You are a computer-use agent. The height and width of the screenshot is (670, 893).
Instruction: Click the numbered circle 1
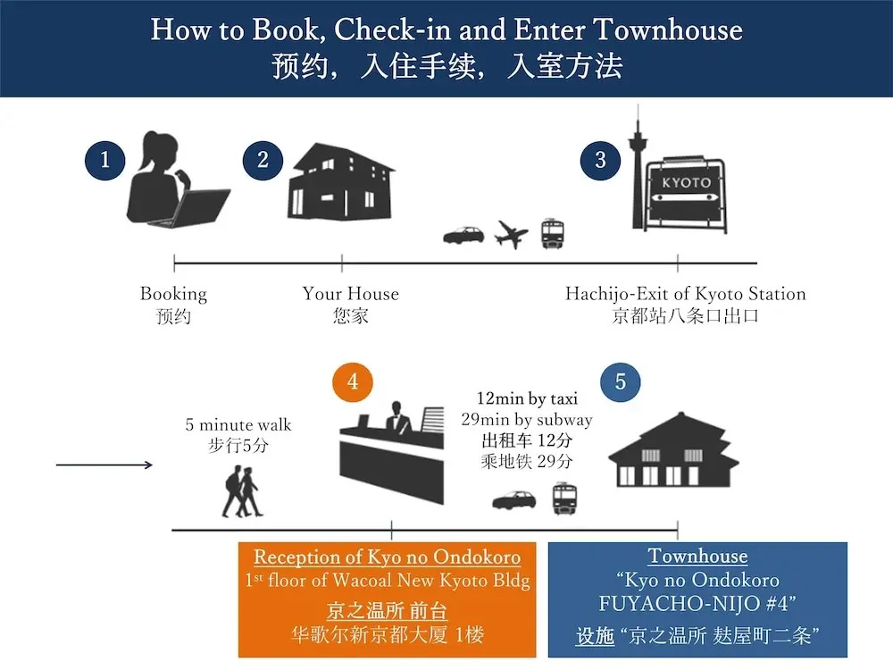tap(105, 161)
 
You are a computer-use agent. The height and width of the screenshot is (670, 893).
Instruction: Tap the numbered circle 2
tap(263, 161)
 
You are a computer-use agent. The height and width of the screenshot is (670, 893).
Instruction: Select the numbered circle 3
tap(600, 161)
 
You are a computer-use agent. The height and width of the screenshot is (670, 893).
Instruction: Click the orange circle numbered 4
tap(353, 382)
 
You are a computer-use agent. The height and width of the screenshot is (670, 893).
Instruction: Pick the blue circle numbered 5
tap(621, 382)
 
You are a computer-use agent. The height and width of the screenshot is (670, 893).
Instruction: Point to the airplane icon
tap(512, 235)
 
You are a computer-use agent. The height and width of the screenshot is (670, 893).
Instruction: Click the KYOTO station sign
tap(687, 192)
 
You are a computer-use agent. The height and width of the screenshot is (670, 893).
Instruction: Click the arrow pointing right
tap(104, 465)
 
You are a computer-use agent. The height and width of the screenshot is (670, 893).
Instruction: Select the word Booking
tap(173, 294)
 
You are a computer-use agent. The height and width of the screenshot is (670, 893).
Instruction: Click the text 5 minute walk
tap(238, 424)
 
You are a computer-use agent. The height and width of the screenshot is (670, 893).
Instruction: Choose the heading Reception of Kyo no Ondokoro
tap(387, 557)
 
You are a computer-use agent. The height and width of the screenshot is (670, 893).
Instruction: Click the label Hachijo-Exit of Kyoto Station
tap(685, 294)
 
